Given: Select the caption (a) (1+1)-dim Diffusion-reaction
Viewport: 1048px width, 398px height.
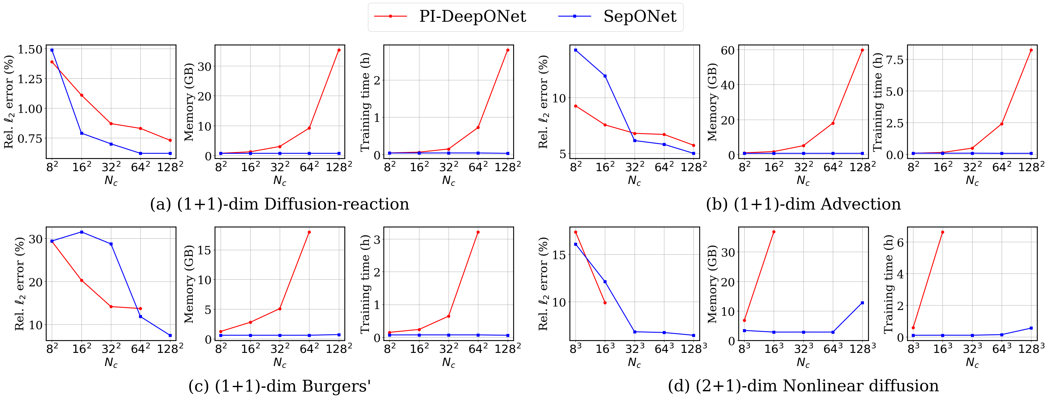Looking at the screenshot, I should [x=279, y=204].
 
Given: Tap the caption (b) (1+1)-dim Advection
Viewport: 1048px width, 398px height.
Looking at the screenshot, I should [x=803, y=204].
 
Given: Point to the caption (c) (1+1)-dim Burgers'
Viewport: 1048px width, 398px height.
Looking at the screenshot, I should [x=279, y=386].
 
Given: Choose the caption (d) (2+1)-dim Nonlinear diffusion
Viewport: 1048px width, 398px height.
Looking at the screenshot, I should [x=803, y=386].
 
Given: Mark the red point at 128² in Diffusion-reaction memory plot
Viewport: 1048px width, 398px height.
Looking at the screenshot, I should [x=339, y=50].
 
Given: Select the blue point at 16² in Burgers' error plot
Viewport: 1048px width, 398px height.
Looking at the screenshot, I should [x=82, y=232].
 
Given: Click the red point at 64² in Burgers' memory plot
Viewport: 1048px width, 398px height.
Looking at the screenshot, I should [x=309, y=232].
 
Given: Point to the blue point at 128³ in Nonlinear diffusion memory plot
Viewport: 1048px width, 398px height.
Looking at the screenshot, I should [x=862, y=303].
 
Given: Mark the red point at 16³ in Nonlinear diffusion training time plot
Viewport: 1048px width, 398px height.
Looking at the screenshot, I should [x=942, y=232].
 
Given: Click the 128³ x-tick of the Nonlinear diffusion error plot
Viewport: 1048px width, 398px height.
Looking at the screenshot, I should [x=694, y=349].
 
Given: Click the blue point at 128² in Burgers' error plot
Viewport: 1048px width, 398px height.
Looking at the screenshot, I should [x=170, y=335].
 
